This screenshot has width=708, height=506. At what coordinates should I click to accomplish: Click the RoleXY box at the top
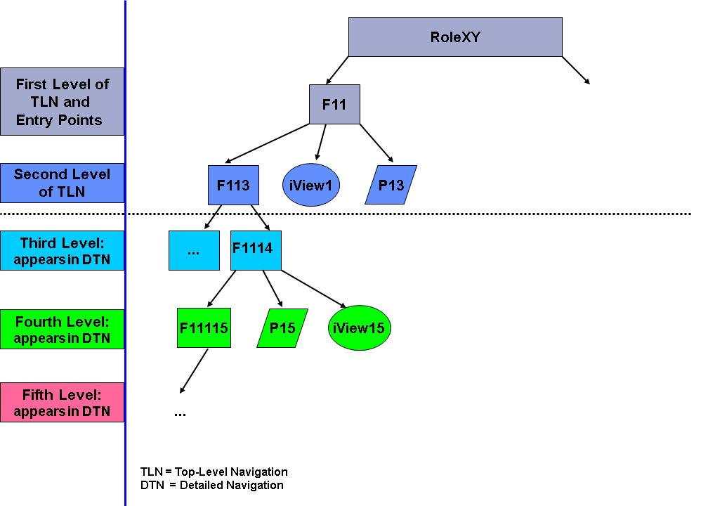(455, 37)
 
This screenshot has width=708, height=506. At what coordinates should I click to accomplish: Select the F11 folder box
(334, 105)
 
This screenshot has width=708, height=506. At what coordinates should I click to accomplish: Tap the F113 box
(234, 186)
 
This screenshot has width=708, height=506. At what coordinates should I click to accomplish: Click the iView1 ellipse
(311, 186)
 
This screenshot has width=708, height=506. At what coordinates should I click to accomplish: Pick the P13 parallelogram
(391, 186)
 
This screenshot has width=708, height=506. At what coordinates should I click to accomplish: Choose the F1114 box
(256, 250)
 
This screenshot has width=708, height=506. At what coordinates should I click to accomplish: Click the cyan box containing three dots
(194, 250)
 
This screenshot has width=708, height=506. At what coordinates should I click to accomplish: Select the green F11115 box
(204, 327)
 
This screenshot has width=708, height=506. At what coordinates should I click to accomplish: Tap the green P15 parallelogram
(282, 327)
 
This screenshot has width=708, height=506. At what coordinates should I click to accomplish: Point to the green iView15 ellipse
(359, 327)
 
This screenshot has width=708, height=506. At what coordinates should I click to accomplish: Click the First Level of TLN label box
(63, 101)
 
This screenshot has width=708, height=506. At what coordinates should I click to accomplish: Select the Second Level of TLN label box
(63, 183)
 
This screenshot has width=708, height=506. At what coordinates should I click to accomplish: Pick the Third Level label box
(63, 250)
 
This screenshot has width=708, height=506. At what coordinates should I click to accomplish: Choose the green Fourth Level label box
(63, 330)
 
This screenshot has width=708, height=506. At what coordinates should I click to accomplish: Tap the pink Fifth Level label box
(63, 403)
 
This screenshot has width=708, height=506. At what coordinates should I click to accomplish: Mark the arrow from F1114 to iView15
(313, 289)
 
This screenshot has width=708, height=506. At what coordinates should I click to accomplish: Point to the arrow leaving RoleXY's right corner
(576, 70)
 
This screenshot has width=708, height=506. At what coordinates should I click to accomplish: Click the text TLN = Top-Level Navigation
(214, 472)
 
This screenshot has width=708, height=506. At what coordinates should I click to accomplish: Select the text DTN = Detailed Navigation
(212, 485)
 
